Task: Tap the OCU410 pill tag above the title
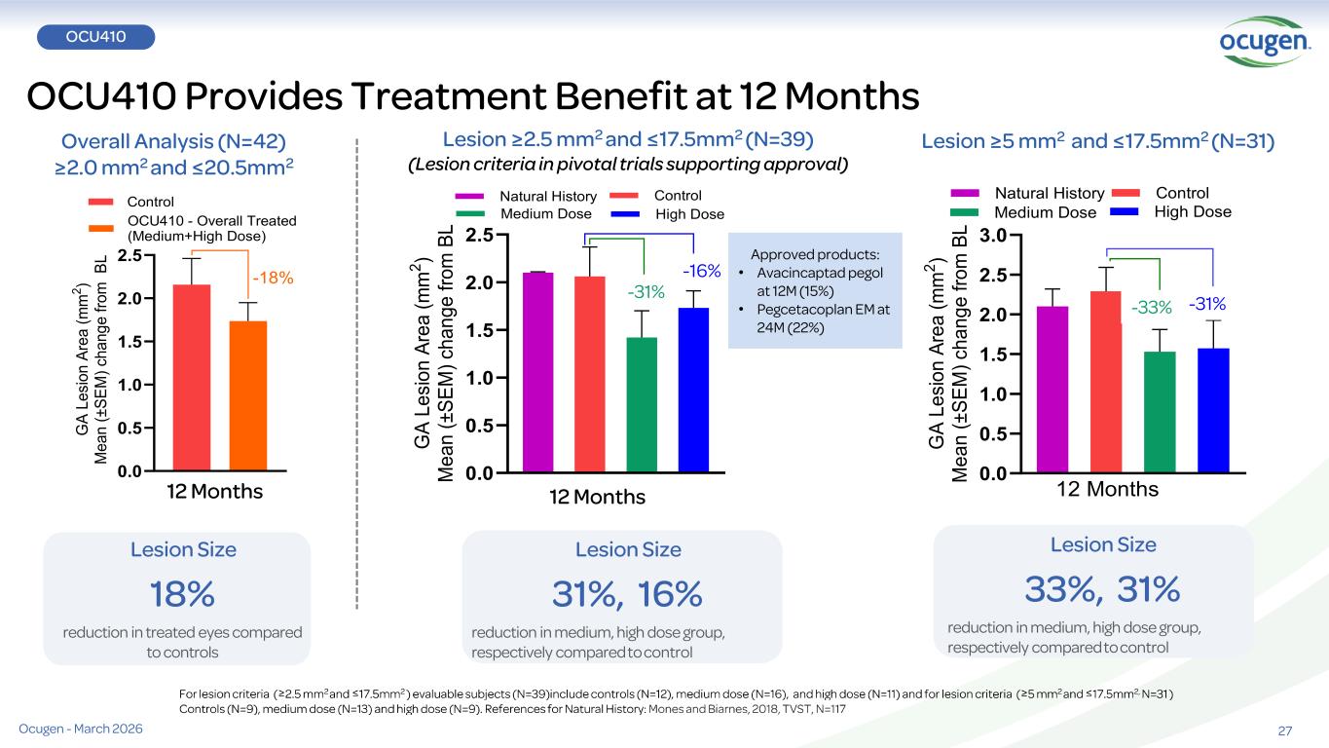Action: (95, 36)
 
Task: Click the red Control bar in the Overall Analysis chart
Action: (191, 377)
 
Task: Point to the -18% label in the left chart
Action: (273, 279)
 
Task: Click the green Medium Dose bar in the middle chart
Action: (642, 404)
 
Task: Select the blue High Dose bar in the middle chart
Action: (693, 390)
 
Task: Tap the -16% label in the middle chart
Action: (700, 270)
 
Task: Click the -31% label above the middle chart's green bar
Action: (645, 290)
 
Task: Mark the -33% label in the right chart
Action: (1151, 308)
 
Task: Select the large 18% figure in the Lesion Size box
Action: (182, 592)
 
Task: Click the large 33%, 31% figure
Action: (1102, 588)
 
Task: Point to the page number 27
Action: (1284, 730)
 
